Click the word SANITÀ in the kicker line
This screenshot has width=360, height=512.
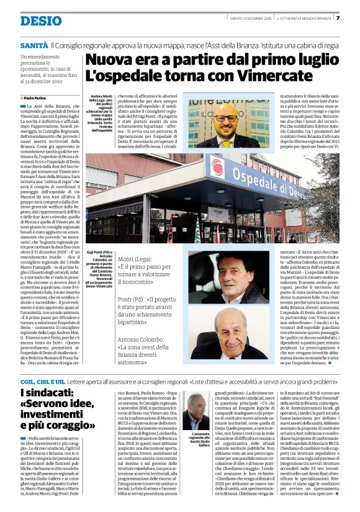coord(34,46)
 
